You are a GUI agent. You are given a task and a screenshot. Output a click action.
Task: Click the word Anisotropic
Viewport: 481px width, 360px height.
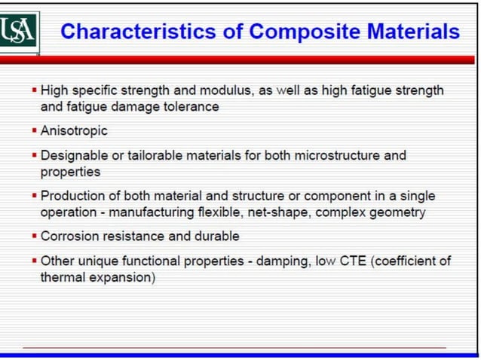(x=74, y=131)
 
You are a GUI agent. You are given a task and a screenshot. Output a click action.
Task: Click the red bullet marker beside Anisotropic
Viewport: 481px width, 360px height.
(x=35, y=131)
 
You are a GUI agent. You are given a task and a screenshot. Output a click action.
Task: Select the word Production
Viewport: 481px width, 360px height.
(x=71, y=197)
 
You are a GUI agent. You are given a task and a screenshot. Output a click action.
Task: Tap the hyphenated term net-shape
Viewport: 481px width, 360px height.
(x=279, y=212)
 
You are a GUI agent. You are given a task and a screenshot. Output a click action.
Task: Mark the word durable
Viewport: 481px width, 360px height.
(x=216, y=236)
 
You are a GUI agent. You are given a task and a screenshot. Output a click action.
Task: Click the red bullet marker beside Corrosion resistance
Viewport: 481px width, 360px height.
(x=35, y=236)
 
